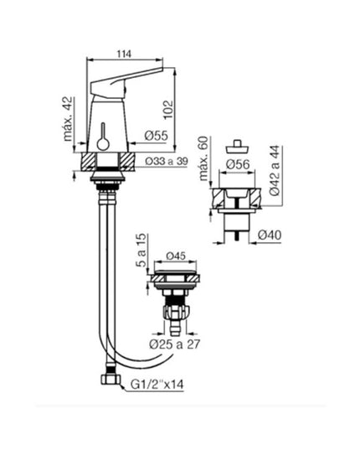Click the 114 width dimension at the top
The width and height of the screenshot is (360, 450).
coord(124,54)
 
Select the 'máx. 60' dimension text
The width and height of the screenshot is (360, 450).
coord(202,155)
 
